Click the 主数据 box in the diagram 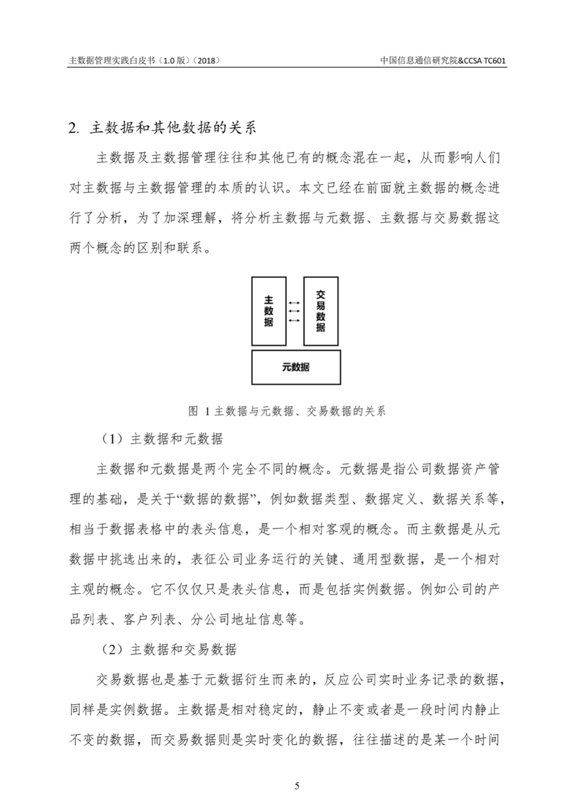tap(268, 311)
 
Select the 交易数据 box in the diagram tap(320, 311)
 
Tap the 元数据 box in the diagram tap(296, 367)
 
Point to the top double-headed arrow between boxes tap(294, 303)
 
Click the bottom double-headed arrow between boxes tap(294, 320)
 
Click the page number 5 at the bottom tap(297, 786)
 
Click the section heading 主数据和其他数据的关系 tap(173, 127)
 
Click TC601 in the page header tap(495, 60)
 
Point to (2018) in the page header tap(208, 60)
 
